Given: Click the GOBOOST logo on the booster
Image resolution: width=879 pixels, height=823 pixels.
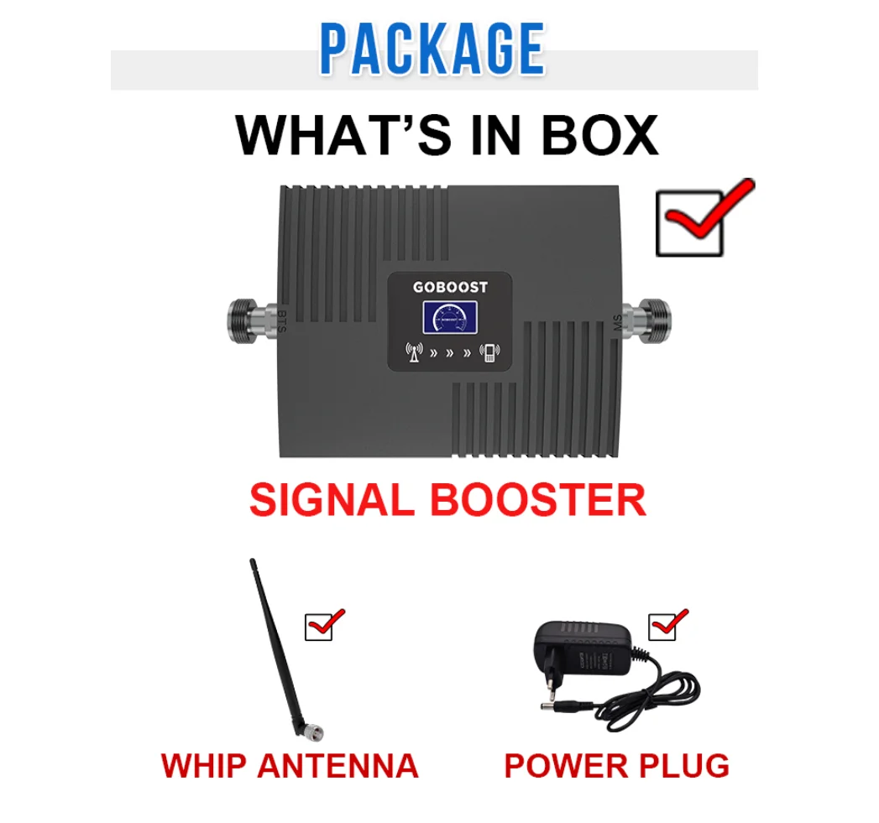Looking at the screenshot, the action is [450, 287].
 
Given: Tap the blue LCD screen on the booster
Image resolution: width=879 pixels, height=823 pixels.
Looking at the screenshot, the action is [449, 320].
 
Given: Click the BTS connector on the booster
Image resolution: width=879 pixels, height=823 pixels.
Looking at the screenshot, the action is [251, 320].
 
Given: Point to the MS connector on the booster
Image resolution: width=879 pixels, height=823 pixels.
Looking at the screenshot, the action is [652, 320].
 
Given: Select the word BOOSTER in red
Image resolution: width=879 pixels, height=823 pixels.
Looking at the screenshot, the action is [538, 500].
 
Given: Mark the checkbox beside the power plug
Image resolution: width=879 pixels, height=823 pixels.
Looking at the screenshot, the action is [662, 626].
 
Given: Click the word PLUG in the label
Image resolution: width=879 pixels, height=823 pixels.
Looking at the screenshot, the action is [683, 765].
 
